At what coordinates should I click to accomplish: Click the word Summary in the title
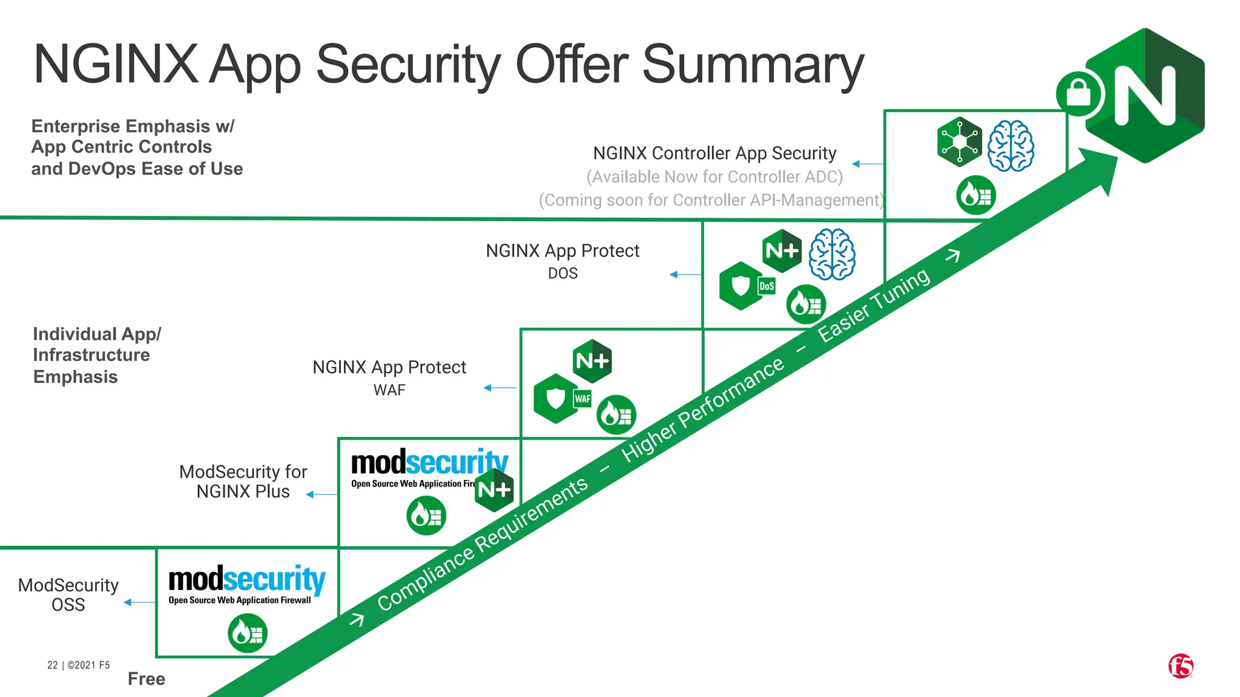(x=752, y=65)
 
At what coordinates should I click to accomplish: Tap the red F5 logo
(x=1181, y=666)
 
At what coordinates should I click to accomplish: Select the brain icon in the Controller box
(x=1011, y=146)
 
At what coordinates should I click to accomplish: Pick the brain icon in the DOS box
(x=833, y=254)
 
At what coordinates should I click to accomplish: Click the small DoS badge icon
(x=767, y=286)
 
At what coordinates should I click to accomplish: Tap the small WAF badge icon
(x=582, y=399)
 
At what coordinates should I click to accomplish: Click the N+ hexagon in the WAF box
(x=592, y=361)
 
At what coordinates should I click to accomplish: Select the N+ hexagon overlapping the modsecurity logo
(x=494, y=489)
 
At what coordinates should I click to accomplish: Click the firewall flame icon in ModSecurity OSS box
(x=248, y=633)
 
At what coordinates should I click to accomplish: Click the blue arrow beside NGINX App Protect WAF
(x=500, y=388)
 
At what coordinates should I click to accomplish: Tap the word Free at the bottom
(x=147, y=679)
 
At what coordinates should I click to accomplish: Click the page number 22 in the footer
(x=53, y=665)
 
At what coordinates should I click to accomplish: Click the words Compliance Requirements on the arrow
(x=483, y=543)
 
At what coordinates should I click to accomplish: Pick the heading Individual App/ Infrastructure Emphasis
(x=97, y=355)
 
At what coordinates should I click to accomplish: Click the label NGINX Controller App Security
(x=714, y=153)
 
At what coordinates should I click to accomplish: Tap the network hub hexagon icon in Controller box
(x=959, y=142)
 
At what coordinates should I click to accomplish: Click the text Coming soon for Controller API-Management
(x=711, y=200)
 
